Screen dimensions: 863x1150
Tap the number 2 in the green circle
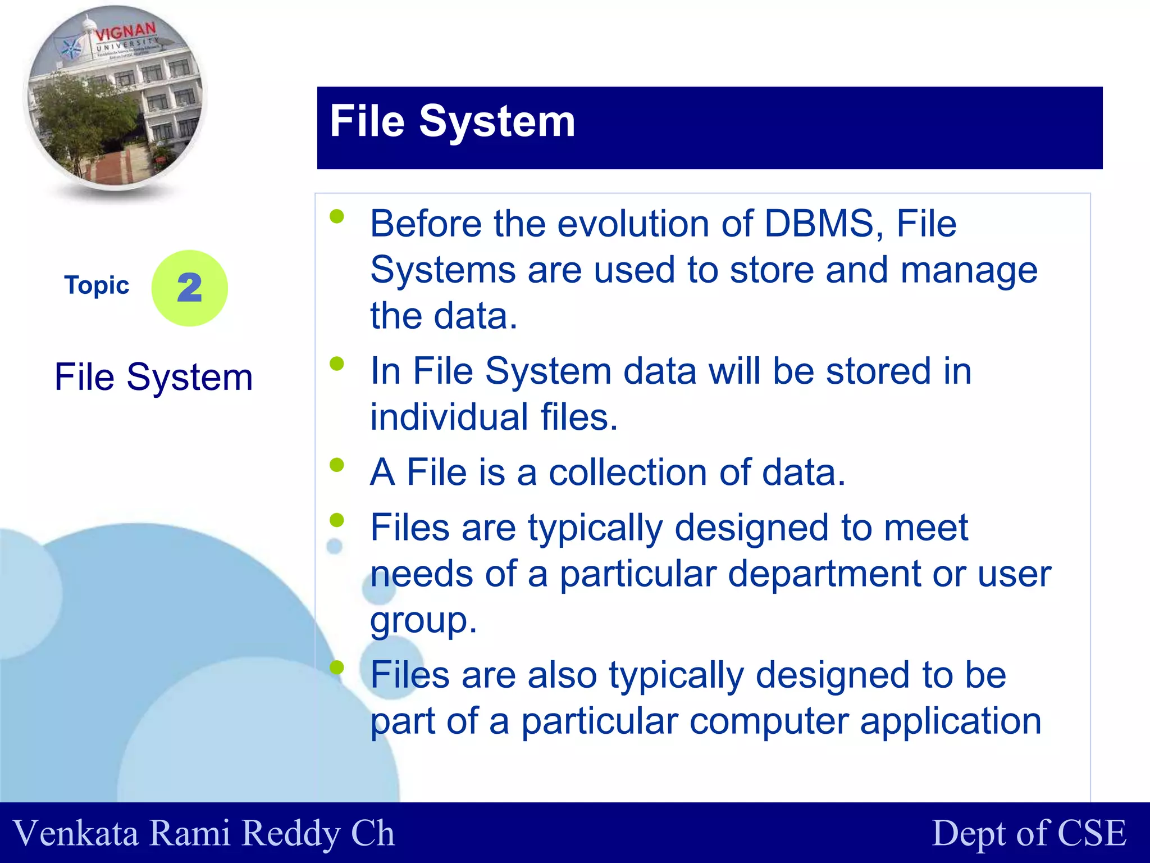click(190, 288)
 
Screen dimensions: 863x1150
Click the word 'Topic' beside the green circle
click(97, 285)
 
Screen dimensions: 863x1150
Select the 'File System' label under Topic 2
click(153, 376)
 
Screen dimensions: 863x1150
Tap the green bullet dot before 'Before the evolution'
click(337, 217)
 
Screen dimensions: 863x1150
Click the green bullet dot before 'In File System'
click(337, 364)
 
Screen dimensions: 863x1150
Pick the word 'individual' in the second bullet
click(449, 417)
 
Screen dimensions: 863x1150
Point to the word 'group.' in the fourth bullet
click(423, 620)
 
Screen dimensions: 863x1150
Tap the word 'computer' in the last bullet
click(769, 721)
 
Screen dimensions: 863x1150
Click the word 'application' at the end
click(950, 721)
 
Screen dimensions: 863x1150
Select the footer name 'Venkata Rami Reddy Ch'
click(203, 833)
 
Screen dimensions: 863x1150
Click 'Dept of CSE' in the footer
click(1029, 833)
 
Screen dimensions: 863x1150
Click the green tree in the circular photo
click(84, 118)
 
